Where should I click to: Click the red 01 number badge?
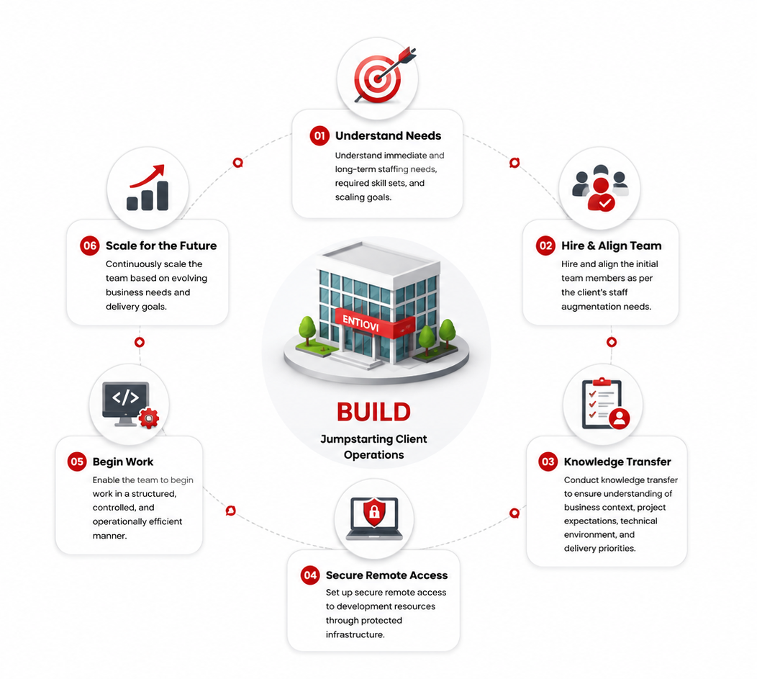pyautogui.click(x=319, y=135)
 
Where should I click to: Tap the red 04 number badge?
pyautogui.click(x=310, y=575)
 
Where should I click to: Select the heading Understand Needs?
pyautogui.click(x=388, y=135)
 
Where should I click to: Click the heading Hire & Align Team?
pyautogui.click(x=611, y=246)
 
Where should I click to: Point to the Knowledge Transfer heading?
pyautogui.click(x=617, y=462)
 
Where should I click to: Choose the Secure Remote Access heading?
pyautogui.click(x=386, y=575)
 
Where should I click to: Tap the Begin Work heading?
pyautogui.click(x=122, y=462)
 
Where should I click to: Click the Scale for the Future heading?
pyautogui.click(x=161, y=246)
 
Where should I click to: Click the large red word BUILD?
pyautogui.click(x=373, y=412)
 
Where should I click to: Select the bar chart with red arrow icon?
pyautogui.click(x=148, y=188)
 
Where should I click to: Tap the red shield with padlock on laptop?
pyautogui.click(x=373, y=511)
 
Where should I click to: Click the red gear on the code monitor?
pyautogui.click(x=149, y=418)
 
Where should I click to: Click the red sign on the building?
pyautogui.click(x=375, y=323)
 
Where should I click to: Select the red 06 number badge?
pyautogui.click(x=90, y=246)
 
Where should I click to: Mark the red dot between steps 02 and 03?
pyautogui.click(x=611, y=342)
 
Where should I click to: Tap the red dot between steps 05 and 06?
pyautogui.click(x=140, y=342)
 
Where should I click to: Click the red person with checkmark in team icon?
pyautogui.click(x=601, y=194)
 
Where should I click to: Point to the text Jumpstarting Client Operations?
pyautogui.click(x=373, y=446)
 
